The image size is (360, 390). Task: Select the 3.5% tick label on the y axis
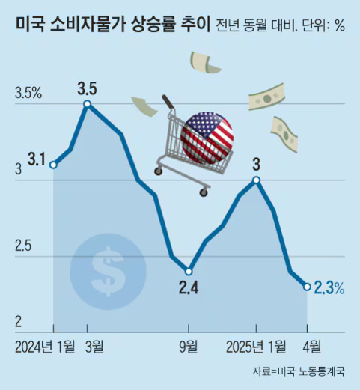pyautogui.click(x=28, y=94)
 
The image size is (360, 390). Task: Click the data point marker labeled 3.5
pyautogui.click(x=88, y=104)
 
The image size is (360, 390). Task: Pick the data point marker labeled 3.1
pyautogui.click(x=53, y=165)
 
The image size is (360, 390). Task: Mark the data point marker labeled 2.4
pyautogui.click(x=189, y=271)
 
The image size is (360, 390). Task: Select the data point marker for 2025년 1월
pyautogui.click(x=257, y=180)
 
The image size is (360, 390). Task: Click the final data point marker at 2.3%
pyautogui.click(x=307, y=286)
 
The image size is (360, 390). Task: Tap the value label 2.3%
pyautogui.click(x=329, y=287)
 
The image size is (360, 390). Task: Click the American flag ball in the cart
pyautogui.click(x=207, y=137)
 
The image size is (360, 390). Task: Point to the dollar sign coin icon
pyautogui.click(x=109, y=269)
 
